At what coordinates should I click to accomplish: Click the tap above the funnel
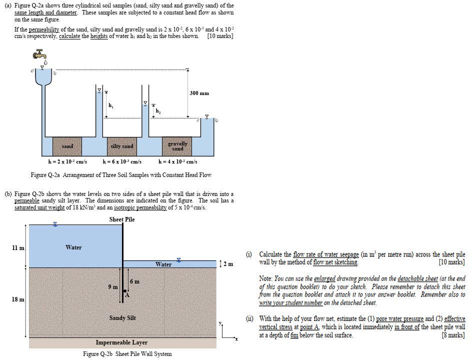(40, 54)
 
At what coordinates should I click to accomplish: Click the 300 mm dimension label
(199, 93)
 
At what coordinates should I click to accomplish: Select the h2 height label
(158, 110)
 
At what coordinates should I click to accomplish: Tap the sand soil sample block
(67, 146)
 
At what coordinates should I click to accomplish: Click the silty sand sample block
(121, 146)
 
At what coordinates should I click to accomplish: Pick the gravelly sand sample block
(177, 146)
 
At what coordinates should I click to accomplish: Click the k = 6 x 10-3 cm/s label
(122, 161)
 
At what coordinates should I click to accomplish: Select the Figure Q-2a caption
(121, 175)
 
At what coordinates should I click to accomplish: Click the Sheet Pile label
(122, 219)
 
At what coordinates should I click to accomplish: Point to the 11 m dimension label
(18, 247)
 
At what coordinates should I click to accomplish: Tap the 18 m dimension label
(18, 299)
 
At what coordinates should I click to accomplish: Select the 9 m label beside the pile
(113, 286)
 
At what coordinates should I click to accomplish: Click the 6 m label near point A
(134, 281)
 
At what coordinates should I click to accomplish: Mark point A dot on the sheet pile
(125, 291)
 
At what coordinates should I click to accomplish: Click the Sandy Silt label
(122, 318)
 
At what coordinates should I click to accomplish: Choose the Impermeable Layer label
(121, 342)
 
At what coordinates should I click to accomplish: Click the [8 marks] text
(453, 335)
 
